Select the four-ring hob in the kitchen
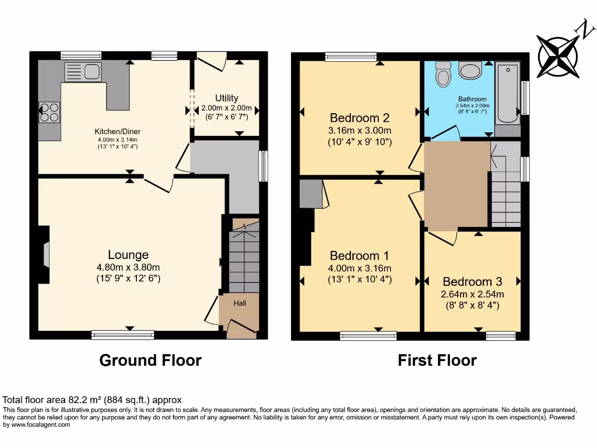49,111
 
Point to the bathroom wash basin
470,71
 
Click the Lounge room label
128,254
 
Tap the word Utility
226,98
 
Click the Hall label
240,303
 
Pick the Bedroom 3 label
472,281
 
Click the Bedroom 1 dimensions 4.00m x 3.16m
360,268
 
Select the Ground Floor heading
150,360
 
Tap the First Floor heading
437,360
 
